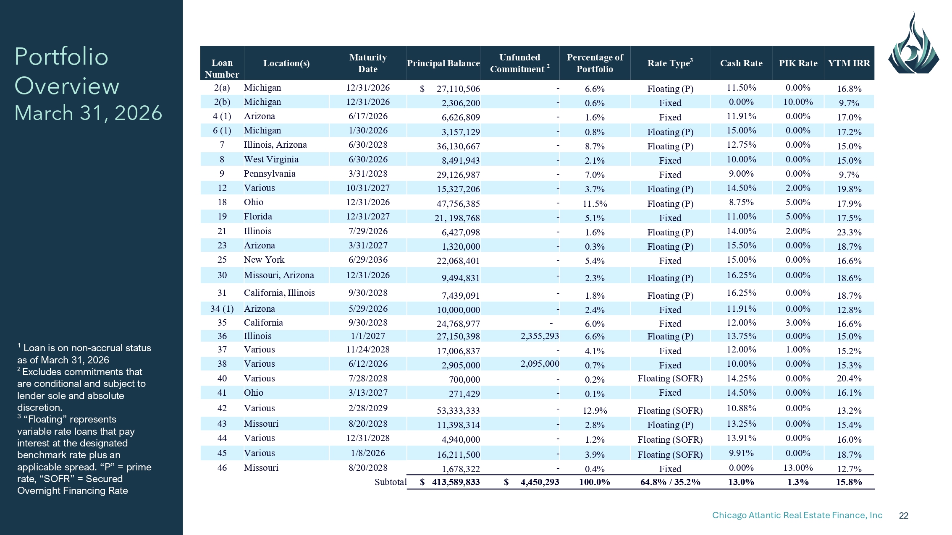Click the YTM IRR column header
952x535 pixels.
[849, 63]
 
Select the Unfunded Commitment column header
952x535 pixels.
[519, 63]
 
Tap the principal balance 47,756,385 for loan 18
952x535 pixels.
[458, 204]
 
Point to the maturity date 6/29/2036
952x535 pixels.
[368, 260]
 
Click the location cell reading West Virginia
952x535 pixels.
[271, 159]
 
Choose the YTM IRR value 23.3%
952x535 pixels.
[849, 232]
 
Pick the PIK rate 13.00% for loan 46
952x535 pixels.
[798, 468]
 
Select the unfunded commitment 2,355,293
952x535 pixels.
[540, 336]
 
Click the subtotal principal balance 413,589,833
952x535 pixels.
[456, 482]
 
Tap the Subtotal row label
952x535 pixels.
[391, 482]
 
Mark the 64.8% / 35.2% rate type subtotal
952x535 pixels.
[670, 482]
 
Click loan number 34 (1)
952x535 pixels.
[222, 309]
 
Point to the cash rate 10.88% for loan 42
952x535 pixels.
[741, 408]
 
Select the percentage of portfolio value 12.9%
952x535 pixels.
[595, 411]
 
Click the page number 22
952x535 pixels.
[904, 516]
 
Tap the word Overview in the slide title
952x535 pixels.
[67, 86]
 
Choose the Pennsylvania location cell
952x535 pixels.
[270, 174]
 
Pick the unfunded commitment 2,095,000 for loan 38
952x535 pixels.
[540, 364]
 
